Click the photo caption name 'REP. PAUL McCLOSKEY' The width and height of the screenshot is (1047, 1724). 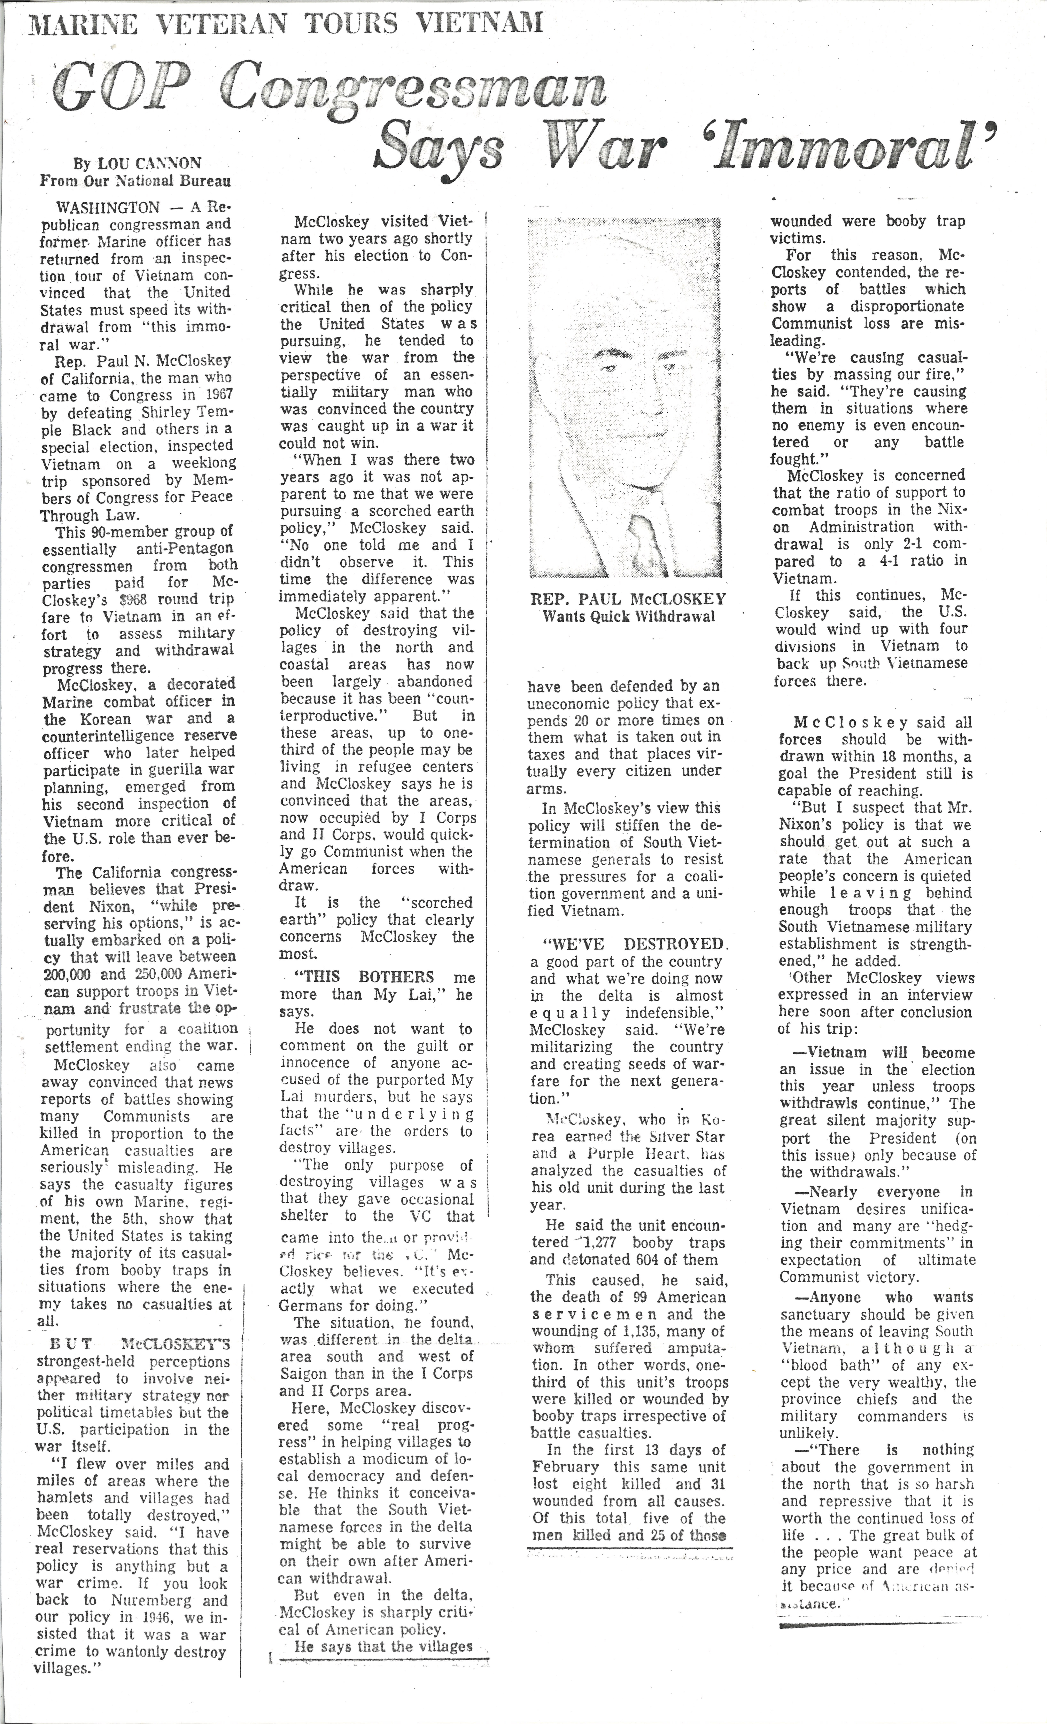click(628, 600)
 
